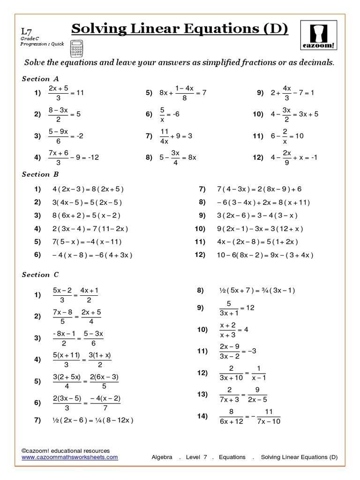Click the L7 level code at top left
27,30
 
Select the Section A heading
40,79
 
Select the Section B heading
40,174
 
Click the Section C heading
40,275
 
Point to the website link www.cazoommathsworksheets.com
70,457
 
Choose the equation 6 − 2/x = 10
288,136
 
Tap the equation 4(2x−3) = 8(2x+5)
88,189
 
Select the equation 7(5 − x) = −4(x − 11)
87,242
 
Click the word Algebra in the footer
163,457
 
